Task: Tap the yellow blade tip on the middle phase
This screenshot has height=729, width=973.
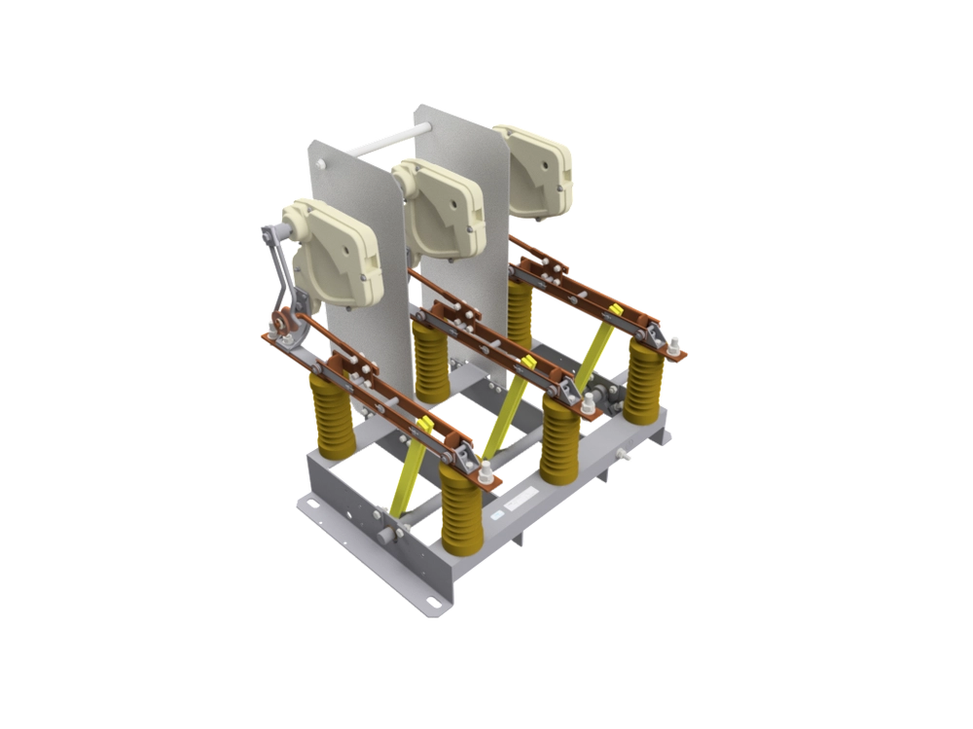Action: coord(529,364)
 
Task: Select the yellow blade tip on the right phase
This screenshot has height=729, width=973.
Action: coord(616,310)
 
